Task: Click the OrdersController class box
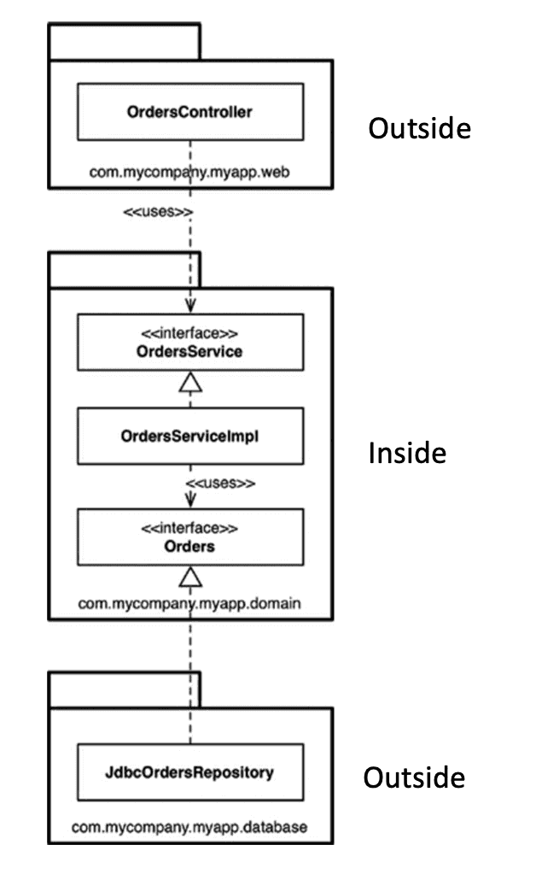190,112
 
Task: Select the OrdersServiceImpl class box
190,436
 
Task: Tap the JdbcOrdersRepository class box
190,772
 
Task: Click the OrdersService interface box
190,343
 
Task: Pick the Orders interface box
190,537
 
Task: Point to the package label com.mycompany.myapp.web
189,172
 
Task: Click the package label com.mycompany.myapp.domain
189,604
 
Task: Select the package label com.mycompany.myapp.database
189,827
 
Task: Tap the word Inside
407,453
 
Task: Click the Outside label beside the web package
419,128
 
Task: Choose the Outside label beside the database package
414,777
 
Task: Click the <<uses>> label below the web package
158,212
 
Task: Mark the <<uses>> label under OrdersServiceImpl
220,484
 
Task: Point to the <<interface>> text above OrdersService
189,333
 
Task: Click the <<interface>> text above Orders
189,528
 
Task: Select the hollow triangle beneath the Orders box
190,577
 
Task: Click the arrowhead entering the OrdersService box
190,305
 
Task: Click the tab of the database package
125,689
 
